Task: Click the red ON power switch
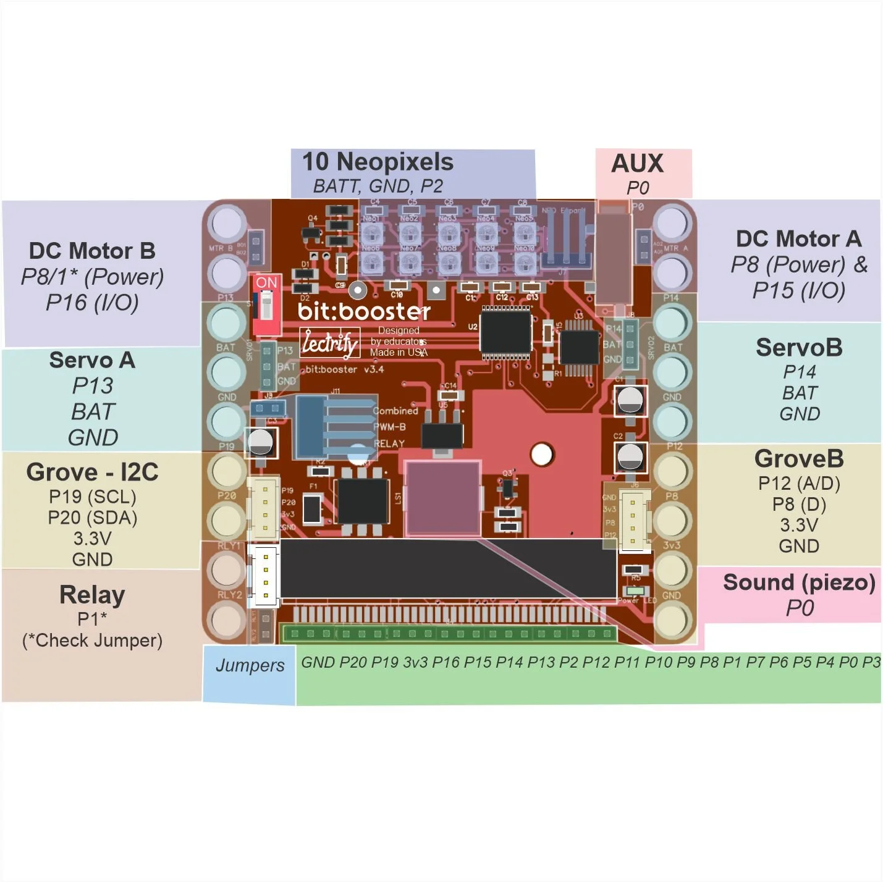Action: [267, 305]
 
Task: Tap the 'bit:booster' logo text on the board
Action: [364, 311]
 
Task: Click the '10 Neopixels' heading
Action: [378, 162]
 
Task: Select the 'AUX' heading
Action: [637, 164]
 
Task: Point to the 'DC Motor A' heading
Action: [798, 239]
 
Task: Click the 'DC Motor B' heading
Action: [92, 251]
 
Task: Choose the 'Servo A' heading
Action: [92, 360]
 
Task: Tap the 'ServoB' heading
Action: [799, 348]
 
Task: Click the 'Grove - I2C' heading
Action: [92, 472]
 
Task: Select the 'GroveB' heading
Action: [799, 459]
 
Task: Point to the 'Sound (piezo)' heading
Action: [799, 582]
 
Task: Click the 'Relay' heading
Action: [92, 595]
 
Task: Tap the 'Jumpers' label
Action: [250, 665]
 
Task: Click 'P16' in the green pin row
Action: [446, 663]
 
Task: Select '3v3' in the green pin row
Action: [415, 663]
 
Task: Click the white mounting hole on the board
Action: [541, 455]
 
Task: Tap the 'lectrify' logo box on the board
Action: [329, 343]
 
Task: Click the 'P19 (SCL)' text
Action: [92, 497]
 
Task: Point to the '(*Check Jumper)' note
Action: [92, 640]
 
